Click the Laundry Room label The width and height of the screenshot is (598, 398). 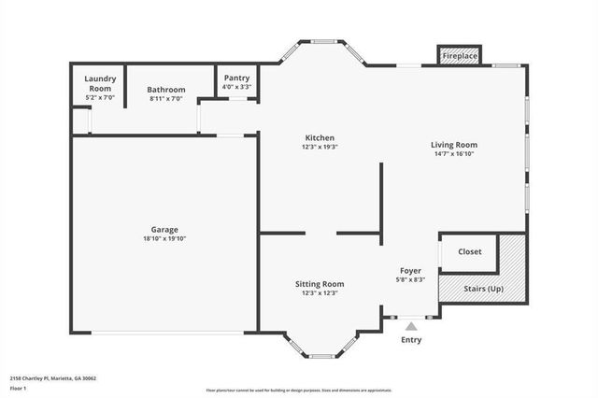[x=100, y=83]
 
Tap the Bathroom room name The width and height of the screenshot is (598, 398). [x=166, y=90]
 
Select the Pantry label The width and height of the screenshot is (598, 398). [x=235, y=78]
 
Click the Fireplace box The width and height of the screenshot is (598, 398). [x=460, y=57]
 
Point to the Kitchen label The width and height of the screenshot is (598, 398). [x=319, y=138]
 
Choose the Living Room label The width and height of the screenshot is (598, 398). [x=454, y=145]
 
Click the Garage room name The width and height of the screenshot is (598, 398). [x=164, y=230]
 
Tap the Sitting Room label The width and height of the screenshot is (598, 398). [x=320, y=284]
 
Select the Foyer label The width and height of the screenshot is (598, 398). [x=411, y=270]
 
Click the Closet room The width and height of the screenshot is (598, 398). [x=470, y=252]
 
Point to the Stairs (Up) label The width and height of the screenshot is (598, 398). [x=483, y=289]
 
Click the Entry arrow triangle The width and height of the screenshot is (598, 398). [x=411, y=326]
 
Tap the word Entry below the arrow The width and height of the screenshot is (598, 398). [x=411, y=340]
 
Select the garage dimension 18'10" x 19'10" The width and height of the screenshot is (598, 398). [x=164, y=239]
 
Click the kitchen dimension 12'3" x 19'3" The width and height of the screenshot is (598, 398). [x=319, y=148]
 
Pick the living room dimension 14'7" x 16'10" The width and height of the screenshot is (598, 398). [x=454, y=154]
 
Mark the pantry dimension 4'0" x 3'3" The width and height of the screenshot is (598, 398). [x=235, y=87]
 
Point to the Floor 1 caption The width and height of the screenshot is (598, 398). [x=18, y=388]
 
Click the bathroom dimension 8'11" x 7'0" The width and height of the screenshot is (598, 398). [x=166, y=98]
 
